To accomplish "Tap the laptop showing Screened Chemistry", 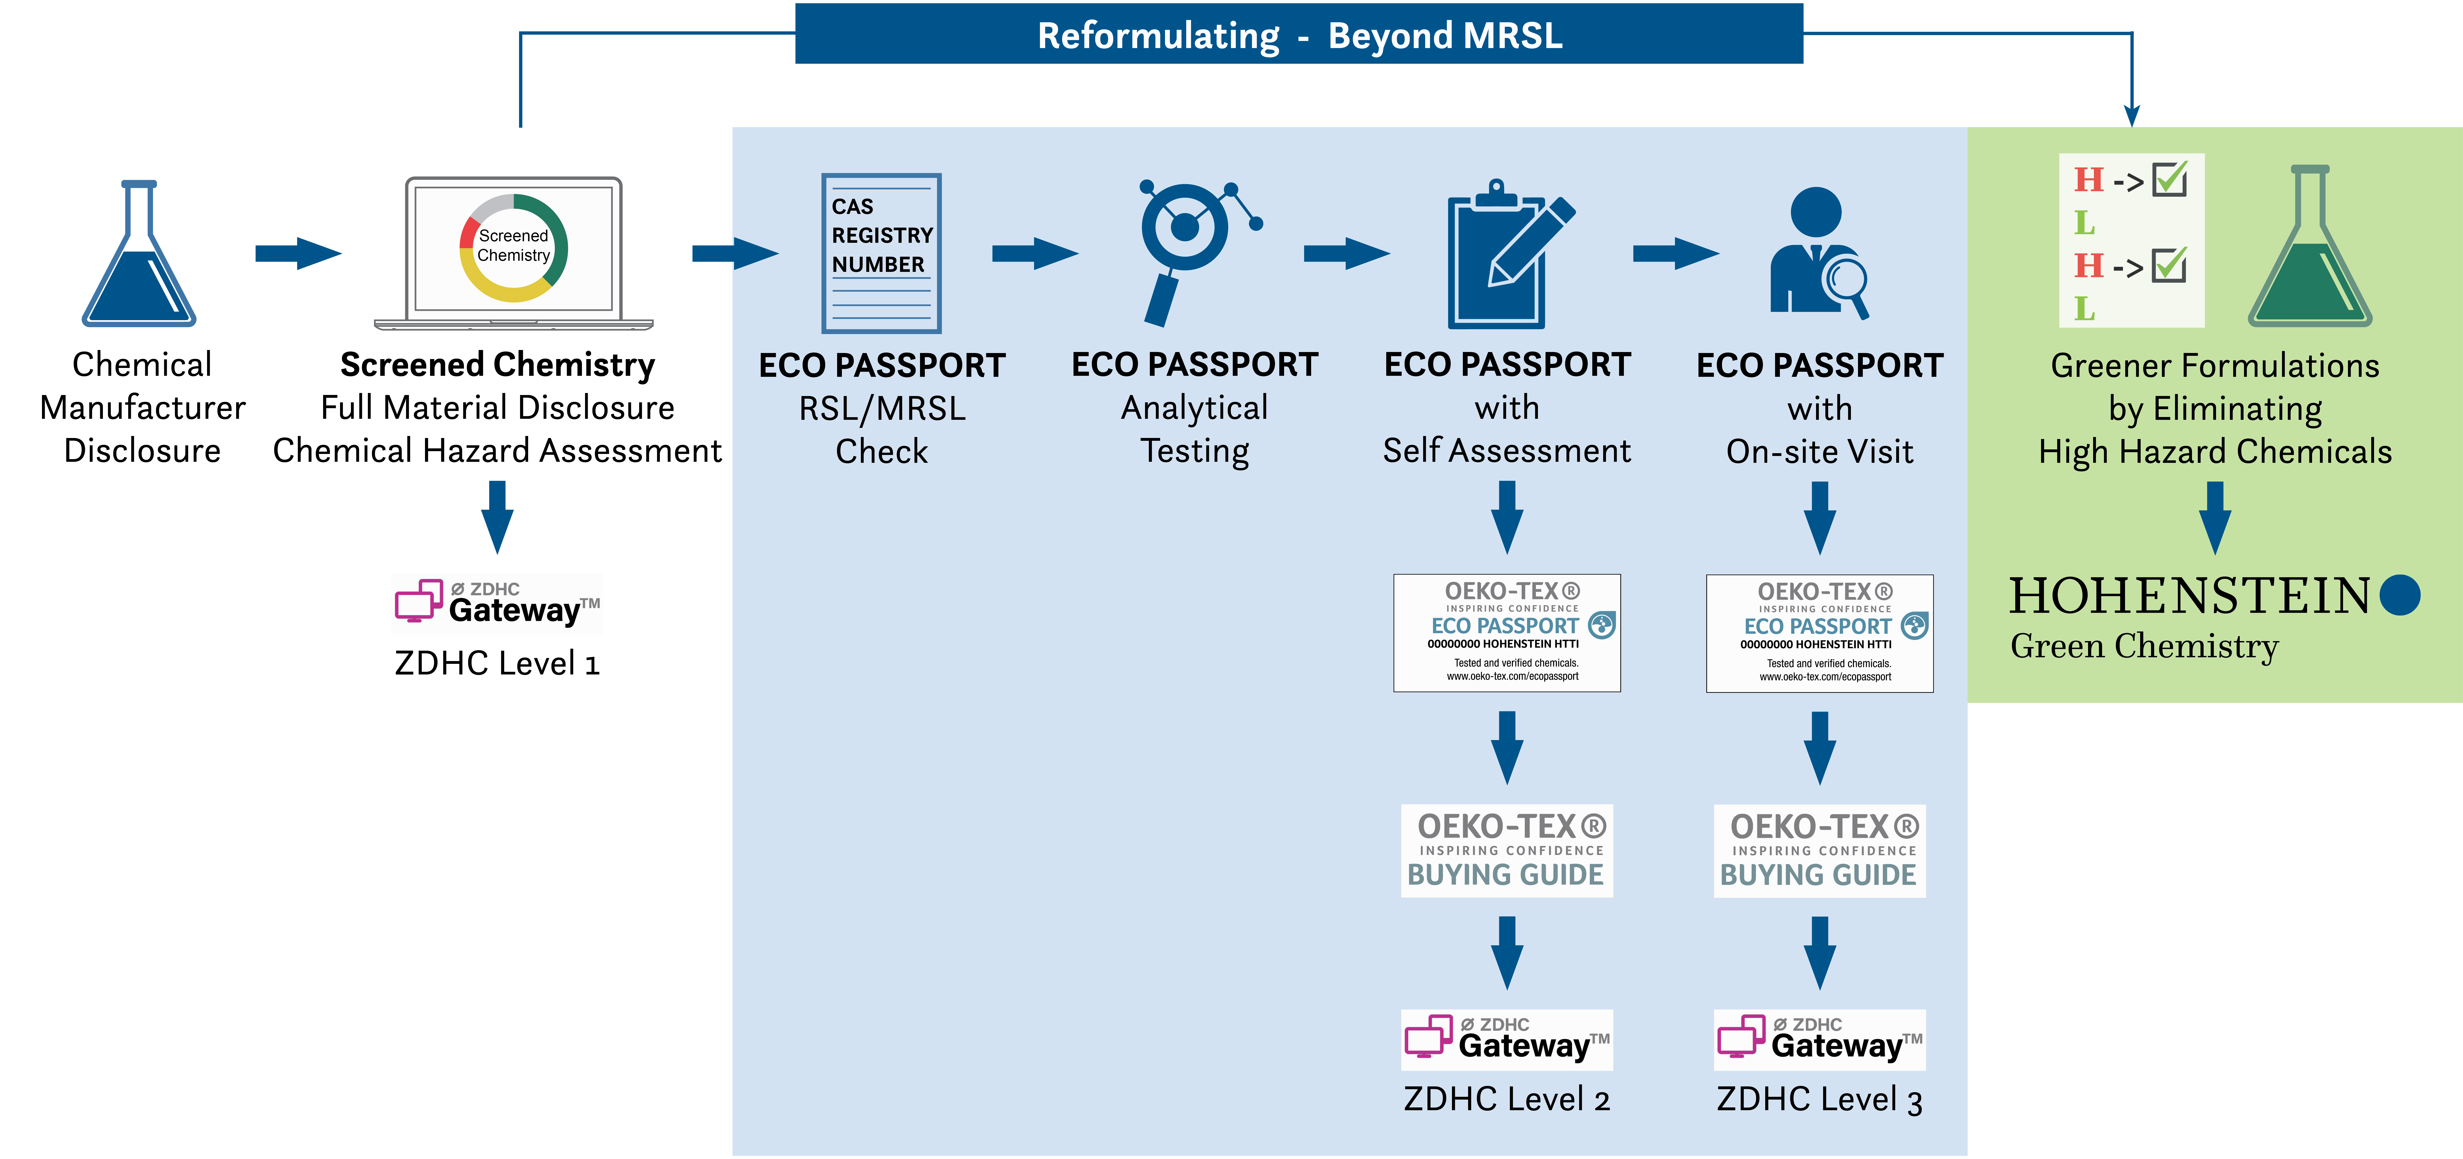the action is (x=513, y=253).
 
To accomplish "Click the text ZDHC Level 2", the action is (x=1507, y=1099).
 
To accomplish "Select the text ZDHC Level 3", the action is (x=1820, y=1100).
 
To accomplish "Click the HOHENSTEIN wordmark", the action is (x=2189, y=596).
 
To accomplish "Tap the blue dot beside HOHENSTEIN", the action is (x=2400, y=595).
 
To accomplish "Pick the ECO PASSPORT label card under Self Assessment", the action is (x=1507, y=633).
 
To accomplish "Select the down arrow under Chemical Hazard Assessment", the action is (x=497, y=517).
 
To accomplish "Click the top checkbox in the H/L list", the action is (x=2169, y=179).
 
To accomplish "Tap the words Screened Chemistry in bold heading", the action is (x=497, y=364).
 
